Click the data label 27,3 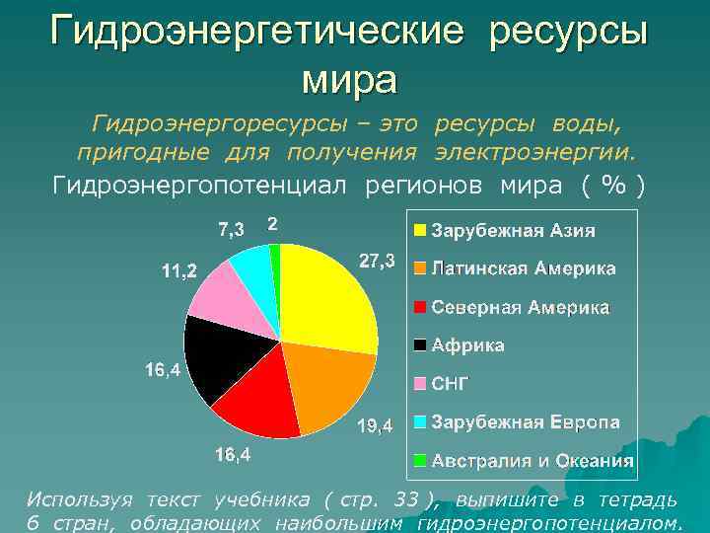pos(377,262)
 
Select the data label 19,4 pos(375,425)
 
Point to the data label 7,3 pos(232,230)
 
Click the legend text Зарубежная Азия pos(513,231)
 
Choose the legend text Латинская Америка pos(524,268)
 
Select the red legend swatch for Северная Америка pos(420,307)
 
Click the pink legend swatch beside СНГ pos(420,384)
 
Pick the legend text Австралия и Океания pos(532,461)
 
